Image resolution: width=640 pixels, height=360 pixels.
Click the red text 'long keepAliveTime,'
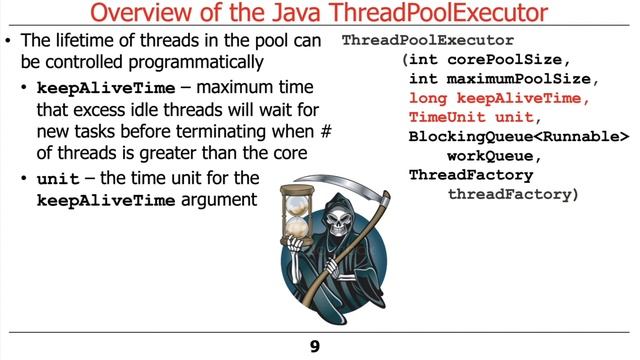click(x=500, y=99)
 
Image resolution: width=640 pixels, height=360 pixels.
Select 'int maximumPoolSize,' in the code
click(x=496, y=79)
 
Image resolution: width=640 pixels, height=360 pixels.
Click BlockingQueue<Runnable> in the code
click(x=519, y=137)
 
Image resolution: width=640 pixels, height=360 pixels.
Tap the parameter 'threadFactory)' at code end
click(x=513, y=194)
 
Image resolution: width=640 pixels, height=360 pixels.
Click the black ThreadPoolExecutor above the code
click(x=428, y=42)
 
